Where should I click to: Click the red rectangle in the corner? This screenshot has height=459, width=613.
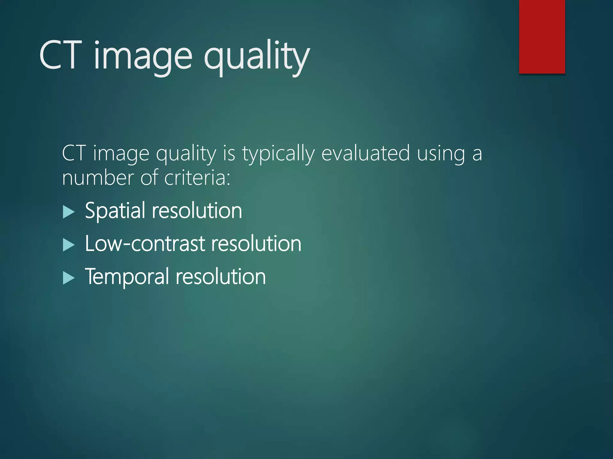[542, 36]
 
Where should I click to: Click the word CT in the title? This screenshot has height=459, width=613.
[60, 56]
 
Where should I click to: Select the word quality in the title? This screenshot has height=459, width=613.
[257, 57]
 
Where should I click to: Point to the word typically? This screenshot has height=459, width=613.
[278, 154]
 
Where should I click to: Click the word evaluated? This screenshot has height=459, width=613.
[365, 153]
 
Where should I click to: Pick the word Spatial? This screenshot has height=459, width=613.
[115, 211]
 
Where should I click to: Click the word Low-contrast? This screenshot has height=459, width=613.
[145, 244]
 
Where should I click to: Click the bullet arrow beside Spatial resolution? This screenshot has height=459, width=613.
[69, 212]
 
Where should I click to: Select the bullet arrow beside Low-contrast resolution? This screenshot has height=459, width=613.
[69, 245]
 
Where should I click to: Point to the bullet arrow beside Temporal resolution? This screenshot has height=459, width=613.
[69, 278]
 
